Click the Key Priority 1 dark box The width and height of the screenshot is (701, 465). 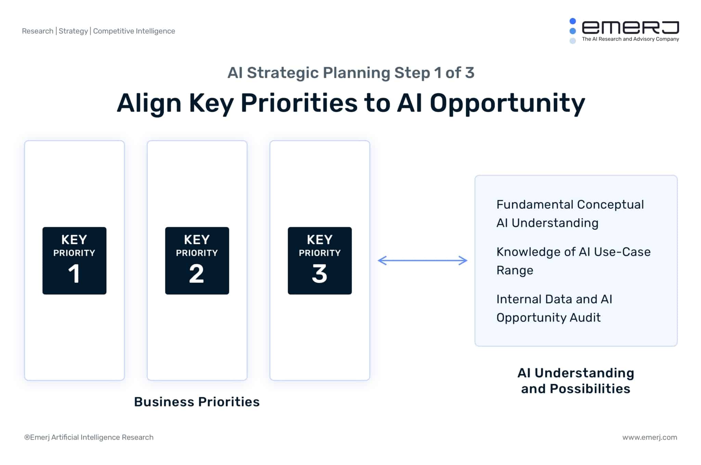74,260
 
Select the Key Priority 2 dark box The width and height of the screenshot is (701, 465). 197,260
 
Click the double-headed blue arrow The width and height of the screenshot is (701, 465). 422,261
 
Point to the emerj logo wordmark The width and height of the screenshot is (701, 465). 630,27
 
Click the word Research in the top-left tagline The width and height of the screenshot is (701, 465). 38,31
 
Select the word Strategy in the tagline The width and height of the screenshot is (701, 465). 73,31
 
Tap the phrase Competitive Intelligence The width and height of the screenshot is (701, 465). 134,31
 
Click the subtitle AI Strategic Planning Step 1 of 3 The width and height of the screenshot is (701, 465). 351,73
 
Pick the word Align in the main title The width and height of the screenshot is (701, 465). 149,103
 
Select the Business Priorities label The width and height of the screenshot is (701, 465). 197,402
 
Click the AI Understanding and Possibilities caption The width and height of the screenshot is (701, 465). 576,381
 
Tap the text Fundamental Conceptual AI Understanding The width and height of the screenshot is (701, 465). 570,214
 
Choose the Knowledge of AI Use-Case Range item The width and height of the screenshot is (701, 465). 573,261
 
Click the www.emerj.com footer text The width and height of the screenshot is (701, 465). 649,437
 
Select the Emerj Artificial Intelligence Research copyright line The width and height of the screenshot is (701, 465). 89,437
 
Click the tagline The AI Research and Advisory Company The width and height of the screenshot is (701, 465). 630,39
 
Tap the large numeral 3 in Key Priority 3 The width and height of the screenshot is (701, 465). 319,274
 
